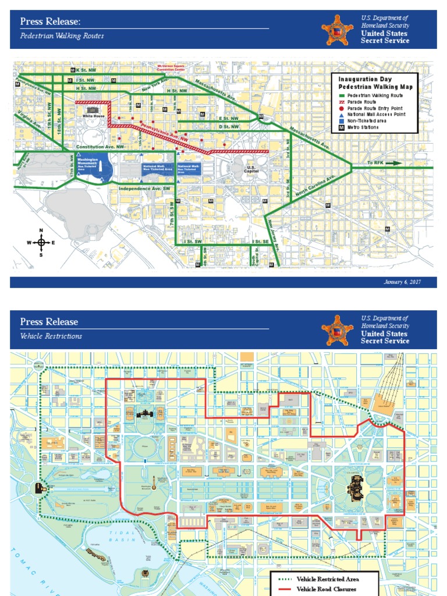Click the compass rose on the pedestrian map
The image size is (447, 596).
pos(41,242)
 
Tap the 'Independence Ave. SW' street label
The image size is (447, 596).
pos(144,189)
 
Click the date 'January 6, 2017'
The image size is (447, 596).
pos(402,282)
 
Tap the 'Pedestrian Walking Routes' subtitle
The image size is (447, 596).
pos(62,36)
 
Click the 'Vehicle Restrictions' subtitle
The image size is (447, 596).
pos(51,336)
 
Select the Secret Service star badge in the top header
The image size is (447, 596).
pos(337,30)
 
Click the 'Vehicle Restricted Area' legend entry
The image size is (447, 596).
pos(327,579)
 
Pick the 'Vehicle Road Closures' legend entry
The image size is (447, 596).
pos(327,590)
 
